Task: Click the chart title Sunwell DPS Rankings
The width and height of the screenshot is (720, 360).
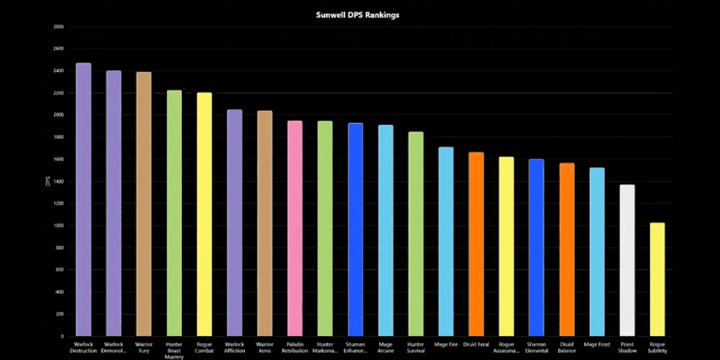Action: click(358, 15)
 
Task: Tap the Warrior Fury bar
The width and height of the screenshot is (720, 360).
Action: click(144, 204)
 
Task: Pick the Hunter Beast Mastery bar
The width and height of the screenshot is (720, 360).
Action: click(174, 213)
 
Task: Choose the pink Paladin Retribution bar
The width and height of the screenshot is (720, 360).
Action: click(295, 228)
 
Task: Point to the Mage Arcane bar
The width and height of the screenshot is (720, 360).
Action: click(385, 230)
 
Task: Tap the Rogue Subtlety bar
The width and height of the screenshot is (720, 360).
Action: click(657, 279)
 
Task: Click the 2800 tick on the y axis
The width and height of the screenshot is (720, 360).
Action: click(58, 27)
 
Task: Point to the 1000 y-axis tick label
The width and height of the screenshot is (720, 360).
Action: click(58, 226)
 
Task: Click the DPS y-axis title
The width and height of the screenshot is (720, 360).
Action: click(47, 181)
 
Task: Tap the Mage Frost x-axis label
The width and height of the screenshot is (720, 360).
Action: click(596, 344)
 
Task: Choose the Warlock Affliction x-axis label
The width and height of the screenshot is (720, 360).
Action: click(234, 347)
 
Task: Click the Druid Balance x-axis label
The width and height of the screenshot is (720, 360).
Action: click(566, 347)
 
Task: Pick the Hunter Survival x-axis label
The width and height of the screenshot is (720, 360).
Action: click(415, 347)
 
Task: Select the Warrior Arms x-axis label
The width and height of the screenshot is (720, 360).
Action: click(264, 347)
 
